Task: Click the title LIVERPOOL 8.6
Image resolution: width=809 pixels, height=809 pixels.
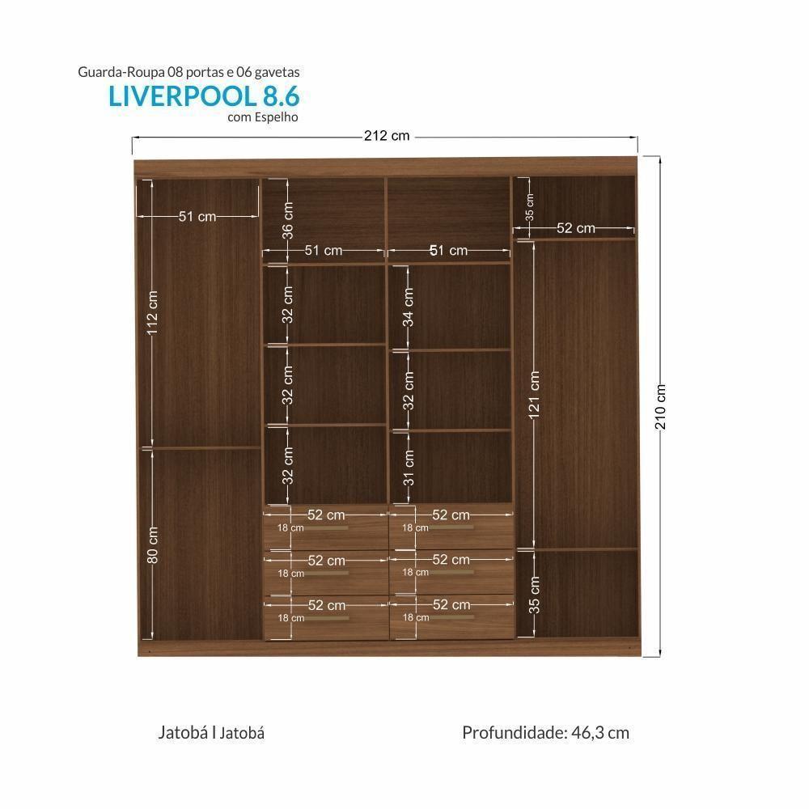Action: [x=204, y=96]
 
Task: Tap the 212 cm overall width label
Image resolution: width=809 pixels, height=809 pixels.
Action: [x=386, y=136]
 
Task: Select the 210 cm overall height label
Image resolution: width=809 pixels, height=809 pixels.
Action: [x=661, y=406]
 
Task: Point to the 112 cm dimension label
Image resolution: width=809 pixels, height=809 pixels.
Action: [x=154, y=313]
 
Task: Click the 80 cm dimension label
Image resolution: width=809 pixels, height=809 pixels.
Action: [x=154, y=544]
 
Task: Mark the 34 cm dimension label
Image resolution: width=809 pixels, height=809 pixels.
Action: [x=409, y=307]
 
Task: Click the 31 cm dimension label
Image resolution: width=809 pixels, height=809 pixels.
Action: [x=409, y=468]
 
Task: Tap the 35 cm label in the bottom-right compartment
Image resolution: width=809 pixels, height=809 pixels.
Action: [x=534, y=595]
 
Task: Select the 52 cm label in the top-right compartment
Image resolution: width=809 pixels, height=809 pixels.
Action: [x=575, y=229]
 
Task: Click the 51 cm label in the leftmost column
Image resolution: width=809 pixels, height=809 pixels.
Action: [x=197, y=217]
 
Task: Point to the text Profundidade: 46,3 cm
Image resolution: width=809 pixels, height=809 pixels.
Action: [x=545, y=733]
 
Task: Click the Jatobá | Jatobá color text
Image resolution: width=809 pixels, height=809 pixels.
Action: [x=211, y=733]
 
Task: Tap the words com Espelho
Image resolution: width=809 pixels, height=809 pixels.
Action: [x=263, y=116]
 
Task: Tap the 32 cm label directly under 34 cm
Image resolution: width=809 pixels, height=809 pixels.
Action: [x=409, y=391]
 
